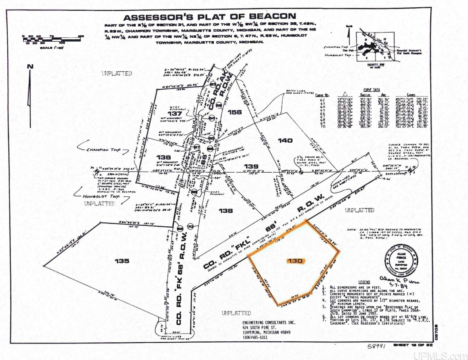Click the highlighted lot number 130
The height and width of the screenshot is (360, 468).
(295, 261)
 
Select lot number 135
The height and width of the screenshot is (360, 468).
(121, 261)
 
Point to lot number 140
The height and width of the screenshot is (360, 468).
(285, 140)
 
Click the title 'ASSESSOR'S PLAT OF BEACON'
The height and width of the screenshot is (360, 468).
(210, 17)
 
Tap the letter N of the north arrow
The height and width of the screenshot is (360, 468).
(30, 66)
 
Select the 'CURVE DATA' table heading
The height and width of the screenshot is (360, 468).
(371, 90)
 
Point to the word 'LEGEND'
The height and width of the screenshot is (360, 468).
(364, 282)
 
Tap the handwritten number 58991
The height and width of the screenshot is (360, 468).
(377, 346)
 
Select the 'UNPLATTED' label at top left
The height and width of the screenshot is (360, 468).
(117, 74)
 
